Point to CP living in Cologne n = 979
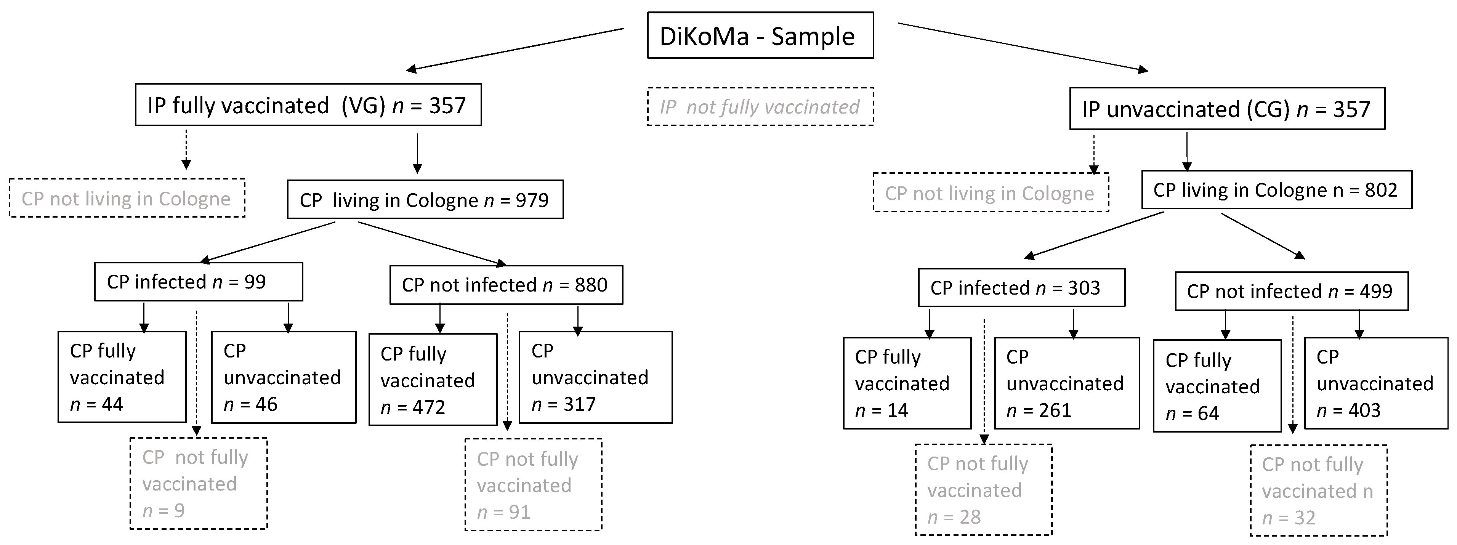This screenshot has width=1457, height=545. (425, 200)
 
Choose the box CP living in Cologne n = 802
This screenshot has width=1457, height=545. (1276, 190)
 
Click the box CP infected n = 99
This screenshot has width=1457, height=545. (198, 282)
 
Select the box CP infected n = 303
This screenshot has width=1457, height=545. (1021, 288)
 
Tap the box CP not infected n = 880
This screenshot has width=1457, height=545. (506, 285)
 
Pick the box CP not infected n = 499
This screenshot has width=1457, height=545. (1291, 291)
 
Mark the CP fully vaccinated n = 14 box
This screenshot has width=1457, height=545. (907, 383)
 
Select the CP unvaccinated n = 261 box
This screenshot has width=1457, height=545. (1066, 383)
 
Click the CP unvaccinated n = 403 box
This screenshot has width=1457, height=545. (1375, 383)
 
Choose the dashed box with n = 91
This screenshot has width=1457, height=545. (533, 485)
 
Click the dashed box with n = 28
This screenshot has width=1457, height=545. (984, 490)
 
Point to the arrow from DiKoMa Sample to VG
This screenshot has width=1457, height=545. (515, 49)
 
